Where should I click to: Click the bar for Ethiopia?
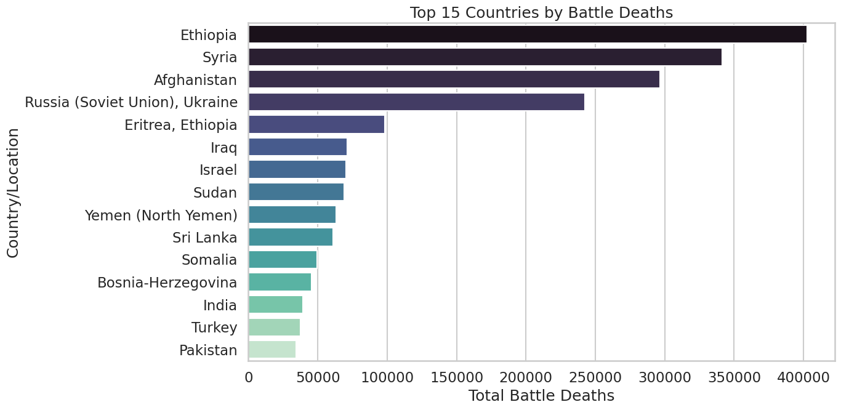[527, 34]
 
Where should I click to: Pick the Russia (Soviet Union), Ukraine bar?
[416, 102]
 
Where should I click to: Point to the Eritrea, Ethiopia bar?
[316, 124]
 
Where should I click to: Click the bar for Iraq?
[297, 147]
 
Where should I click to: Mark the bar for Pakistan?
[272, 350]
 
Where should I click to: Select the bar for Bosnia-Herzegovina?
[280, 282]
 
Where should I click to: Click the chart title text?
[541, 12]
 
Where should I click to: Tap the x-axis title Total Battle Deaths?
[541, 395]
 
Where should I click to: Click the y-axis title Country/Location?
[13, 192]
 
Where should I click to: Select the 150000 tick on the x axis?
[457, 375]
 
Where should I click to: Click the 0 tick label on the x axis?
[249, 375]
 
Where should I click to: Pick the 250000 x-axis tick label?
[595, 375]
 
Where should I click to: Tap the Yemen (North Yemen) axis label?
[161, 215]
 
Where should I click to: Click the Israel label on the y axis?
[218, 169]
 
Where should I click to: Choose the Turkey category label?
[214, 327]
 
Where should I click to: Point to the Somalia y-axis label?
[209, 260]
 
